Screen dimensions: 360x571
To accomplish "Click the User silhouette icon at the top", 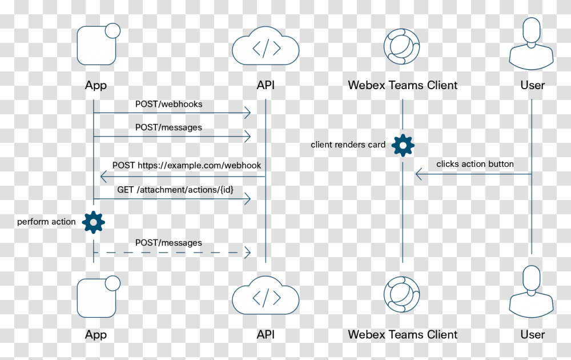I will point(532,44).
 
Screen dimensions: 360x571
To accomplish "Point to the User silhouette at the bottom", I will point(532,293).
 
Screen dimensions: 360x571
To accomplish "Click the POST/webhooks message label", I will point(168,104).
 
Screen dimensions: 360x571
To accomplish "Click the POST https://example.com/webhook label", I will point(186,165).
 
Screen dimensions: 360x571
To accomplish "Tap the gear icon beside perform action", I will point(94,222).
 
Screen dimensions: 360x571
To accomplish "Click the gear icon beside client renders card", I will point(403,145).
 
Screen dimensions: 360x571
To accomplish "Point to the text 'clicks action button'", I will point(475,164).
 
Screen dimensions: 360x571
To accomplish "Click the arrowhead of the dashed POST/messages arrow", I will point(248,252).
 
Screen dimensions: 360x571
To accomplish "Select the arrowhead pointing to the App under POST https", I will point(103,176).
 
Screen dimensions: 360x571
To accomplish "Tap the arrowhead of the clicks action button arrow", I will point(419,174).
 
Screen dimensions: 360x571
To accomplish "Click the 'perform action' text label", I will point(46,222).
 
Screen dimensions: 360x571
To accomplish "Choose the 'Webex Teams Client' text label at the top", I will point(403,85).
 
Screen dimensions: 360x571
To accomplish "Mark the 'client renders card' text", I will point(348,145).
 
